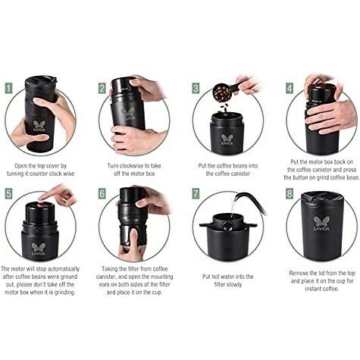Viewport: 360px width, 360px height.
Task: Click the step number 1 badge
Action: tap(9, 89)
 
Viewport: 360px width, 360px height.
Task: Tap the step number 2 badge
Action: tap(102, 89)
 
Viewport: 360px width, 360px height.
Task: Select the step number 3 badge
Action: tap(196, 89)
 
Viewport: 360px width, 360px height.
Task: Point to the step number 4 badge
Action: tap(290, 89)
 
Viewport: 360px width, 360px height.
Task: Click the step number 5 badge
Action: tap(9, 194)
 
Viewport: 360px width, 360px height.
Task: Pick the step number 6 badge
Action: tap(102, 194)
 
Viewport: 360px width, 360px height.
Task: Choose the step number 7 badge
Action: tap(196, 194)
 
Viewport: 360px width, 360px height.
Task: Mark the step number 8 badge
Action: tap(290, 194)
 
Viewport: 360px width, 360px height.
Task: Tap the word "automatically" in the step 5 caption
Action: tap(64, 269)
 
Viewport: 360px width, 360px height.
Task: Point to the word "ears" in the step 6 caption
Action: tap(105, 285)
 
